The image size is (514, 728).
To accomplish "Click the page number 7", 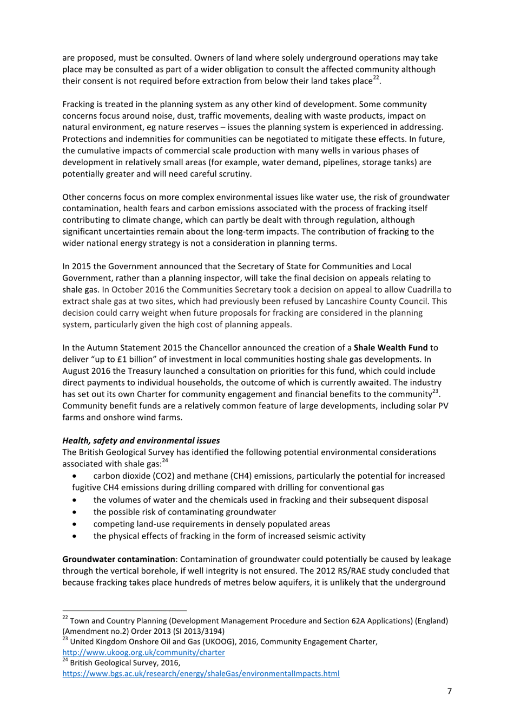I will pyautogui.click(x=449, y=691).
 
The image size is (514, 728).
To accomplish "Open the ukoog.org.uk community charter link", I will pyautogui.click(x=143, y=653).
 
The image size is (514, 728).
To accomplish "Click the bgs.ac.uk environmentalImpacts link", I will pyautogui.click(x=201, y=674).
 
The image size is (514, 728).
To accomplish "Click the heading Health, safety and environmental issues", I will pyautogui.click(x=141, y=441).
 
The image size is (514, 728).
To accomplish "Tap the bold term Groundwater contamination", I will pyautogui.click(x=118, y=559).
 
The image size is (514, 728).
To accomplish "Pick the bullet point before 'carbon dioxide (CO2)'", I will pyautogui.click(x=75, y=476).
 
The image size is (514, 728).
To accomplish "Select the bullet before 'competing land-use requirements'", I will pyautogui.click(x=75, y=524).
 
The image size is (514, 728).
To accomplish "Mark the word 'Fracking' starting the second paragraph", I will pyautogui.click(x=78, y=104).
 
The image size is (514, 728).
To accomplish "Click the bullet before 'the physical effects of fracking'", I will pyautogui.click(x=75, y=536).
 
